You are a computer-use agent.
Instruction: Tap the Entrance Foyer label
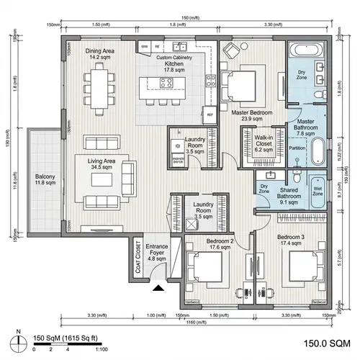157,253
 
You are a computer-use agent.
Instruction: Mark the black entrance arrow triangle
158,289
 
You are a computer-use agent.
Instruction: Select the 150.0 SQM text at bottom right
325,344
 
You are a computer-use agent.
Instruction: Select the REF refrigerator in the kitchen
210,114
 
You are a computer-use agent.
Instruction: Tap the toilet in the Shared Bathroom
297,175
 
